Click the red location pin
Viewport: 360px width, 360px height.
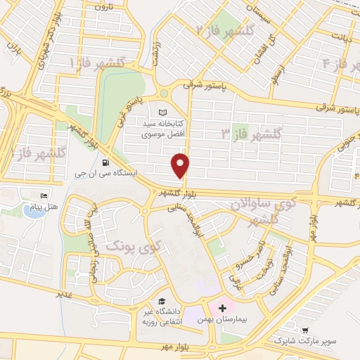click(x=181, y=165)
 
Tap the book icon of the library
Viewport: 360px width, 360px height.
click(x=163, y=113)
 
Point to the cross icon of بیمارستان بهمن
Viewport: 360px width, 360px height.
click(x=223, y=308)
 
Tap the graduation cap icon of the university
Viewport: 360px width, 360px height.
click(x=162, y=300)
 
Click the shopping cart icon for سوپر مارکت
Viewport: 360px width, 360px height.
click(x=305, y=329)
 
